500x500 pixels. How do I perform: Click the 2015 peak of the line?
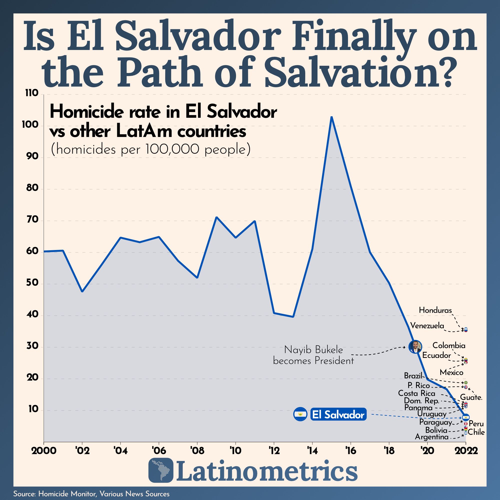click(331, 117)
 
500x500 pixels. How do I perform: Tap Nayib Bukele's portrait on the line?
click(415, 346)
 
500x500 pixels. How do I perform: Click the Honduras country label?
click(435, 310)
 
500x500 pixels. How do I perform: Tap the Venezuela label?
click(427, 326)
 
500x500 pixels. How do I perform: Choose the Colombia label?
click(449, 345)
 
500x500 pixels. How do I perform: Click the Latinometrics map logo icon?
click(160, 473)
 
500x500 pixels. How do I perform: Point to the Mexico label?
click(451, 373)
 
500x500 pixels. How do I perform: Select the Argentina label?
click(431, 437)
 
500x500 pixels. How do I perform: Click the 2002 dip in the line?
click(82, 292)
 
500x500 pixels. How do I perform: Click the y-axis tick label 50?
click(32, 283)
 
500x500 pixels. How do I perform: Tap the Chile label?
click(476, 432)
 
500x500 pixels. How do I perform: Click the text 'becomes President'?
click(313, 361)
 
